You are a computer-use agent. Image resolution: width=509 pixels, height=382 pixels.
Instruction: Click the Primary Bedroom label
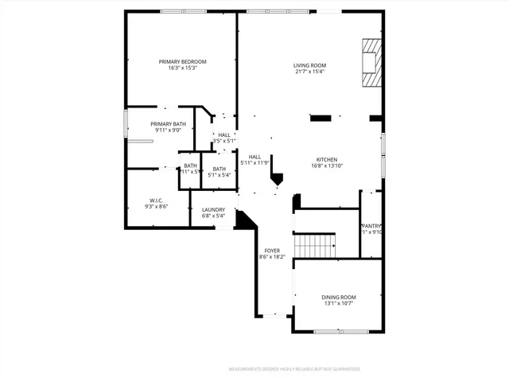(x=182, y=62)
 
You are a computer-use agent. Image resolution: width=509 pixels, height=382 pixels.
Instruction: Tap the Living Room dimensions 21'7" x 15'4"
(x=309, y=72)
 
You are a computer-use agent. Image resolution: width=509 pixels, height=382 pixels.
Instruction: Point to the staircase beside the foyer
(x=314, y=246)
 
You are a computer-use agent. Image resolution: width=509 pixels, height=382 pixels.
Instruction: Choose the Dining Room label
(x=338, y=297)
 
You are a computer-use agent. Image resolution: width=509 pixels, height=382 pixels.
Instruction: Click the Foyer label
(x=272, y=251)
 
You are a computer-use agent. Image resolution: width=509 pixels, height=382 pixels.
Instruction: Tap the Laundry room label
(x=213, y=209)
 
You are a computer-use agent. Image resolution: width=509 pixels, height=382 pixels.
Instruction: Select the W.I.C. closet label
(x=156, y=201)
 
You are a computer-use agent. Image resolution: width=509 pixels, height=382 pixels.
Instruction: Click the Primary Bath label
(x=168, y=124)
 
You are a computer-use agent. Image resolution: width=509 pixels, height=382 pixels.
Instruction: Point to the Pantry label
(x=372, y=226)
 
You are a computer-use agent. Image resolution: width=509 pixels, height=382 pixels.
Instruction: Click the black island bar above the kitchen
(x=321, y=119)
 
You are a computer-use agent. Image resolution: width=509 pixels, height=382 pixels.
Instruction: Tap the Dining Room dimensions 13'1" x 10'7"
(x=338, y=303)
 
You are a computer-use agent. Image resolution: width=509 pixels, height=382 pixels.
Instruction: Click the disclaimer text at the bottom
(x=294, y=369)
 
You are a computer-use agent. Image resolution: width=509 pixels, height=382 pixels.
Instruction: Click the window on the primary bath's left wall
(x=126, y=126)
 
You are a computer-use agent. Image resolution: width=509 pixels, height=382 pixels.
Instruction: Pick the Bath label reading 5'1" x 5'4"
(x=219, y=169)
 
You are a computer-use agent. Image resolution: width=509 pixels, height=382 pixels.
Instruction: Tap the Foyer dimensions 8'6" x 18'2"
(x=272, y=257)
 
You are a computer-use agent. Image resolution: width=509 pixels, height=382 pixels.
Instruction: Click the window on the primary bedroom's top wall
(x=182, y=11)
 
